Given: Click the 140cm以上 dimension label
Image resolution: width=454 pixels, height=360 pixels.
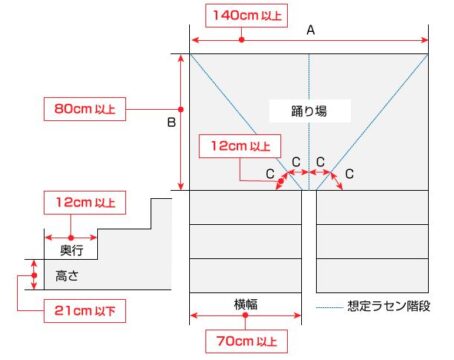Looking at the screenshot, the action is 243,14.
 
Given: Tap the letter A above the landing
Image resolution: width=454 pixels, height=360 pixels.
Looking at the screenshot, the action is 311,31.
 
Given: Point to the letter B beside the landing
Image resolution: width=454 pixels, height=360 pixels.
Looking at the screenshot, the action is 171,122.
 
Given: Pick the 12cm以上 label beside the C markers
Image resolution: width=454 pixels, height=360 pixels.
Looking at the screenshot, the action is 240,146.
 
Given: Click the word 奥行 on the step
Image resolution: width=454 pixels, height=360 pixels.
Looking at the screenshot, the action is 71,248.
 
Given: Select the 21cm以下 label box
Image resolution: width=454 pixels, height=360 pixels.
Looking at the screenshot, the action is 81,313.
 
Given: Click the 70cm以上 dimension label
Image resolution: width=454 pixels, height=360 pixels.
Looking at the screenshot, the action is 243,342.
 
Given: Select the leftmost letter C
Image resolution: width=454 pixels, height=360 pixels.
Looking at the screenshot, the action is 269,174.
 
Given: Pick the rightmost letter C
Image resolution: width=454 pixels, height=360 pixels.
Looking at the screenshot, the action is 349,174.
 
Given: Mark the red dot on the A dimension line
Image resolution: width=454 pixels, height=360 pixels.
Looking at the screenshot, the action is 243,39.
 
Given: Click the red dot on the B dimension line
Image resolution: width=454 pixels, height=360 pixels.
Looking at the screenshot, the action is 180,107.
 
